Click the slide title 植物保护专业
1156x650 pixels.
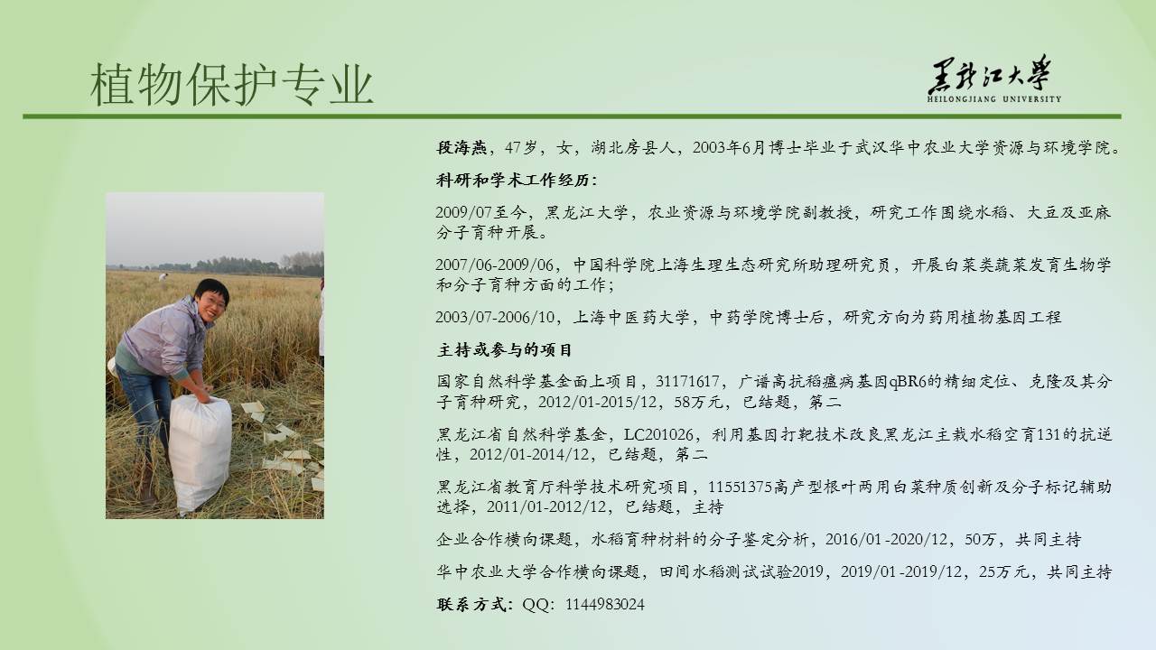(x=232, y=85)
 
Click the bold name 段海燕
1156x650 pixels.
(x=461, y=148)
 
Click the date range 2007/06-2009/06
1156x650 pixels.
(x=494, y=265)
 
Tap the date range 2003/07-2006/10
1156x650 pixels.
(x=494, y=317)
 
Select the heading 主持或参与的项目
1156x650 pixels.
(x=505, y=350)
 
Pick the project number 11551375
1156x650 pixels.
(x=740, y=487)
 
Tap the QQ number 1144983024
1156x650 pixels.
(x=605, y=605)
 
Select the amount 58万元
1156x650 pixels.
(x=698, y=403)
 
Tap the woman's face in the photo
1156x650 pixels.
(x=212, y=304)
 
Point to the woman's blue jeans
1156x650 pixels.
(x=144, y=407)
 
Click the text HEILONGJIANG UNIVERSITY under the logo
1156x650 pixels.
(x=994, y=99)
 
